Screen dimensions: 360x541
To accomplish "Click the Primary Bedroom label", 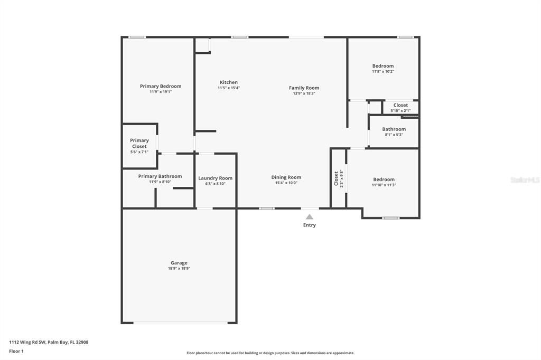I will tap(160, 86).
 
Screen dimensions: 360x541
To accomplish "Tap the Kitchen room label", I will tap(228, 82).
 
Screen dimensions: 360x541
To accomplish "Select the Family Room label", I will tap(304, 88).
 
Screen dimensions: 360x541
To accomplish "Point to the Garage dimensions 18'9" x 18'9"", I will tap(179, 269).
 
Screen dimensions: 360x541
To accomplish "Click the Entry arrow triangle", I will tap(309, 217).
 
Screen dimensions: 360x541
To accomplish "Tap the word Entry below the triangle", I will tap(309, 225).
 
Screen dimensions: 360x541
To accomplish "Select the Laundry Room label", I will tap(215, 178).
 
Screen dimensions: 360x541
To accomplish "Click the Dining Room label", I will tap(286, 177).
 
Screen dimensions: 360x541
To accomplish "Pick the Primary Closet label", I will tap(139, 144).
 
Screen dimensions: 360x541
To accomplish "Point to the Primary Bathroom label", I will tap(160, 176).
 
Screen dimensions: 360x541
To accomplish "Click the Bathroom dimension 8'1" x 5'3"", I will tap(394, 135).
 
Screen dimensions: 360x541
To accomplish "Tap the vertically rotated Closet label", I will tap(336, 178).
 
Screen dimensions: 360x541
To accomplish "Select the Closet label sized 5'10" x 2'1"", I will tap(400, 105).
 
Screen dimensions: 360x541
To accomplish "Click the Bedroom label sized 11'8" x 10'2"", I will tap(383, 66).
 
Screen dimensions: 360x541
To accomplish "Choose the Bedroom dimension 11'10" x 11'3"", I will tap(383, 185).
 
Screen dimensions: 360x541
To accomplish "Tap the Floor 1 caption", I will tap(17, 350).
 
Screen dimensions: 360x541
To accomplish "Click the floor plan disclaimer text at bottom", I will tap(270, 353).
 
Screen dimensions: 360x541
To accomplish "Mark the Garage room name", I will tap(179, 263).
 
